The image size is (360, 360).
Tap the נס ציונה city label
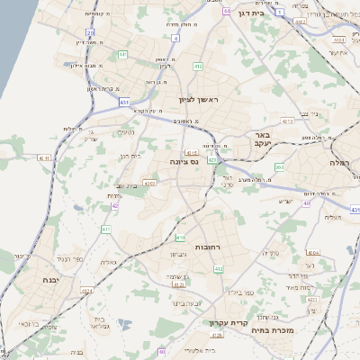[181, 161]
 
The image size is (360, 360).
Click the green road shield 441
[123, 103]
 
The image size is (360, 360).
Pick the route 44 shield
[227, 12]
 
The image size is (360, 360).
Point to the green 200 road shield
[280, 167]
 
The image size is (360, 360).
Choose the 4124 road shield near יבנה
[86, 291]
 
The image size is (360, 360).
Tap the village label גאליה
[108, 262]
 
